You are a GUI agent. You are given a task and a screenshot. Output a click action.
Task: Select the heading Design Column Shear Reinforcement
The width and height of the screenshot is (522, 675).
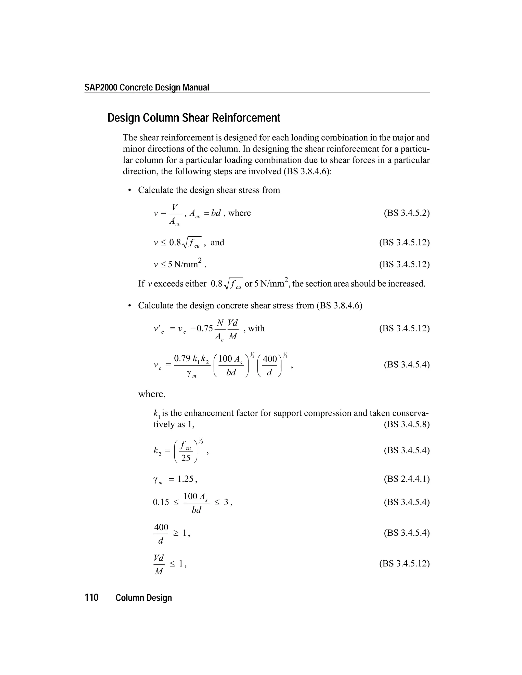[194, 118]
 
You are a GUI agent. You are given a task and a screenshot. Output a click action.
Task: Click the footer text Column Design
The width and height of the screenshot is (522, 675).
[143, 598]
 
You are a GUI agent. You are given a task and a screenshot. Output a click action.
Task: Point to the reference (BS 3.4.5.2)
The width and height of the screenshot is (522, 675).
[406, 213]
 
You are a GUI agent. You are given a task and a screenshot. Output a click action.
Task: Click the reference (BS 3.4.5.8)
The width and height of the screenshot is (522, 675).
[406, 424]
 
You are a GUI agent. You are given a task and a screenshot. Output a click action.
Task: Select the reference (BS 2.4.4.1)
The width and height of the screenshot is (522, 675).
[406, 479]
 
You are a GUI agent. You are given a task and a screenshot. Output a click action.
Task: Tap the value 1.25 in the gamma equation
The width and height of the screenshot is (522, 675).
[185, 479]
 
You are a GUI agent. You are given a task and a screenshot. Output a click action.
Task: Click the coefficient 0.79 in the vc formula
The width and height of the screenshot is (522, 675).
[182, 359]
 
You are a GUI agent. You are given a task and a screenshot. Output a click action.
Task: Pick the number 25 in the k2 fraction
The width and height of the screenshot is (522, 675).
[186, 458]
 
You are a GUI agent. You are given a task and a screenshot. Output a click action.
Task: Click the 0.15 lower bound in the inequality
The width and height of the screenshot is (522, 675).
[161, 502]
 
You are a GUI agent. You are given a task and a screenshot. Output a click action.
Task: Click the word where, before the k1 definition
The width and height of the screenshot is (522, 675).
[152, 394]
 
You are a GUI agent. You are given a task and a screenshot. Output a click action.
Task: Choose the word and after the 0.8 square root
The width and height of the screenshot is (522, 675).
[217, 242]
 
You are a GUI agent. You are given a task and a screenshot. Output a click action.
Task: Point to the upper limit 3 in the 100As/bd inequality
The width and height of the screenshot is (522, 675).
[226, 502]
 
